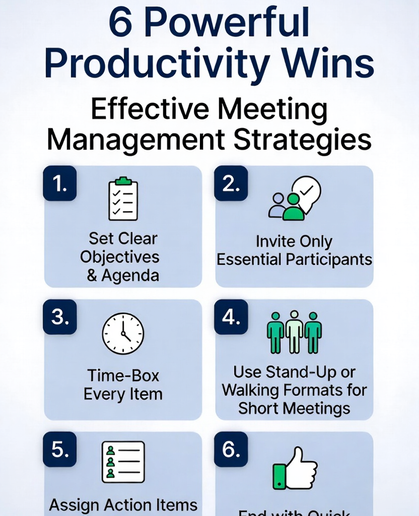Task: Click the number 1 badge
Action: [x=60, y=183]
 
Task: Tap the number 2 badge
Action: [x=231, y=183]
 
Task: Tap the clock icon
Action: [x=123, y=334]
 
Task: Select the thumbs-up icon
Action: [x=295, y=467]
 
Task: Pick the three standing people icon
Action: [x=294, y=332]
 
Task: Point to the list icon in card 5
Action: [x=123, y=462]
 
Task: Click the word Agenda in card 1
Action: [x=130, y=276]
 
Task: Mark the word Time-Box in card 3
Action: [x=123, y=376]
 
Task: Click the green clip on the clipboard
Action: [x=123, y=181]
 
